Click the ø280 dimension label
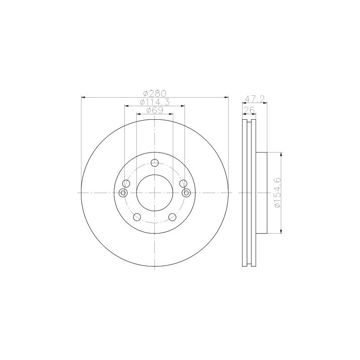tap(154, 93)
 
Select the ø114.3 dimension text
tap(154, 102)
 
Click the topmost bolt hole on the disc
tap(155, 163)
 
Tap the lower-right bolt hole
tap(172, 217)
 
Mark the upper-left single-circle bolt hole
tap(126, 184)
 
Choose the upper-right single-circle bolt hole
tap(183, 184)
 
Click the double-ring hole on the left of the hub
tap(123, 193)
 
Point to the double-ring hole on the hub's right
tap(186, 193)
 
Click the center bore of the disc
tap(155, 193)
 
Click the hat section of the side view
tap(262, 193)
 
